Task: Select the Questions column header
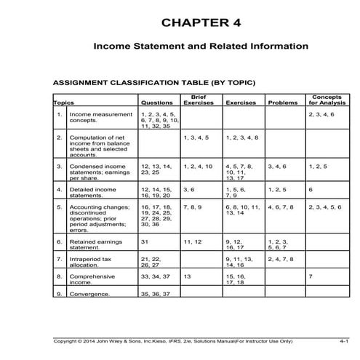tap(157, 103)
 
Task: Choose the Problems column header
tap(284, 103)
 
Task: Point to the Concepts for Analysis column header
tap(327, 100)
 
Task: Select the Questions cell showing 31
tap(145, 241)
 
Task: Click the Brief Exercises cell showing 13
tap(188, 277)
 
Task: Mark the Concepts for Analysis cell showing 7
tap(311, 277)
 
